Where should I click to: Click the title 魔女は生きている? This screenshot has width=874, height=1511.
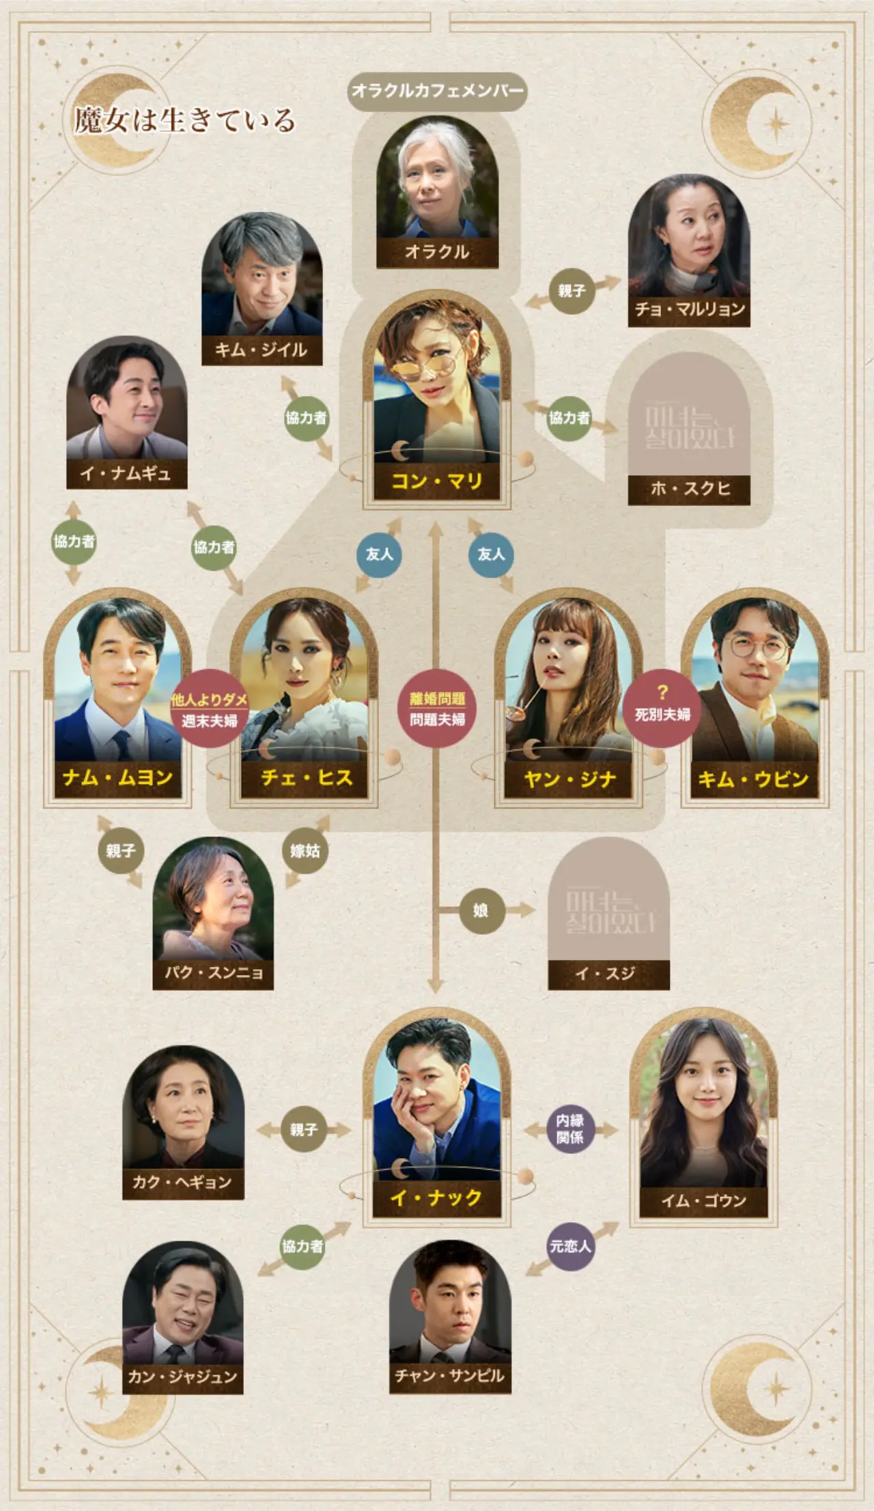(x=184, y=121)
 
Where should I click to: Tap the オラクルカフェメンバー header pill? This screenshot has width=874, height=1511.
(x=437, y=91)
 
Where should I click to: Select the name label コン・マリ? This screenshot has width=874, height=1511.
(x=437, y=481)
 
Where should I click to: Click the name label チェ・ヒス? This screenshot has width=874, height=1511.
(x=307, y=778)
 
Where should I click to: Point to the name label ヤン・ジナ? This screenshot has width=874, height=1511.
(x=569, y=779)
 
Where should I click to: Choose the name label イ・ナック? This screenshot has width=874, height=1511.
(x=436, y=1197)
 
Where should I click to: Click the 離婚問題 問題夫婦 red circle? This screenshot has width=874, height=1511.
(x=437, y=709)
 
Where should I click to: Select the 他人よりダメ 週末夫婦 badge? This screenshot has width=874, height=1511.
(x=209, y=709)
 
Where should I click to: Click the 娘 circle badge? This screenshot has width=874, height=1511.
(x=481, y=910)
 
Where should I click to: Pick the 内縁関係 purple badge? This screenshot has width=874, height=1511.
(x=570, y=1129)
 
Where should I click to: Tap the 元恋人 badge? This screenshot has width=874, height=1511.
(x=570, y=1247)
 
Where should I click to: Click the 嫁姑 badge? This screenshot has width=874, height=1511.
(x=305, y=851)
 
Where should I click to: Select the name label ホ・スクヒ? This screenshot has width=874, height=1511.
(x=689, y=488)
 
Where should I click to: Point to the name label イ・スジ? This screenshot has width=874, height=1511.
(x=608, y=973)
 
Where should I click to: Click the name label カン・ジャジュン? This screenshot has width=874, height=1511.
(x=182, y=1376)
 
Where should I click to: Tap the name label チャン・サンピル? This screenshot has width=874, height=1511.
(x=450, y=1376)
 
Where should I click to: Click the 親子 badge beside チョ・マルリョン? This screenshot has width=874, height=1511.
(x=572, y=291)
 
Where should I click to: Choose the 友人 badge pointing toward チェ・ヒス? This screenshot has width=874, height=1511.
(x=379, y=554)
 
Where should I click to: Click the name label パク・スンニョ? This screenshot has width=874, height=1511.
(x=213, y=972)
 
